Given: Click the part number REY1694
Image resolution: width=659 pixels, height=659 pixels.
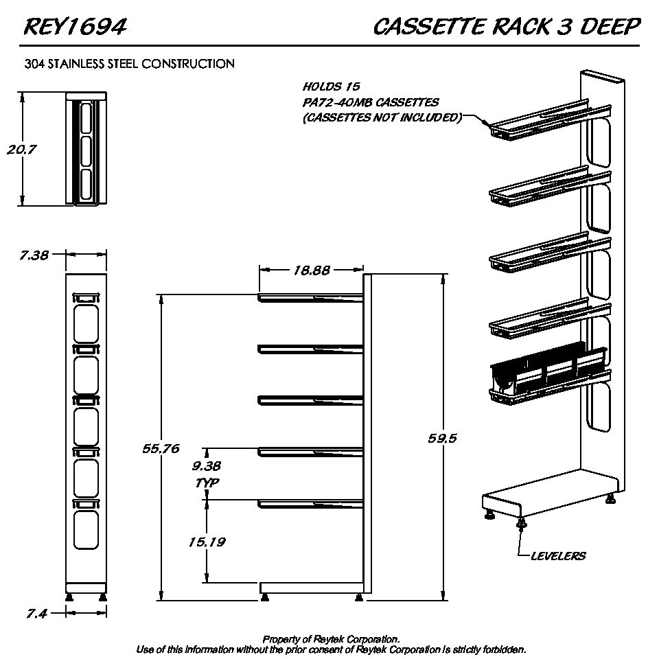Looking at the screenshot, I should tap(75, 27).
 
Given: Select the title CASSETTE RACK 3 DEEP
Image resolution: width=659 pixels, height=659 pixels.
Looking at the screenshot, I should tap(507, 27).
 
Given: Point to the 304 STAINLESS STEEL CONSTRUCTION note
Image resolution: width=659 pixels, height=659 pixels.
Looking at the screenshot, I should tap(129, 64).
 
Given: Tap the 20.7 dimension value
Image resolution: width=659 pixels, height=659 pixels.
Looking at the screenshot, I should tap(21, 150).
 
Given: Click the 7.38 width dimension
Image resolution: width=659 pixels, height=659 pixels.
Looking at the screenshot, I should tap(34, 255).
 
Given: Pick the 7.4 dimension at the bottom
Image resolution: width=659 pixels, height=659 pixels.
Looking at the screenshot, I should tap(36, 614).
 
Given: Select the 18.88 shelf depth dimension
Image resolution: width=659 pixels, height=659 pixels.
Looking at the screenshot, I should tap(312, 270).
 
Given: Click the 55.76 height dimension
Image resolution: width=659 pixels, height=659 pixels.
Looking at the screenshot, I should tap(161, 448).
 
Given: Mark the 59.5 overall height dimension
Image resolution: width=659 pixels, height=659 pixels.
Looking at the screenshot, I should tap(442, 438).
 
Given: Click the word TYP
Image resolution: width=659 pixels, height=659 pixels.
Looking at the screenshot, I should tap(207, 483).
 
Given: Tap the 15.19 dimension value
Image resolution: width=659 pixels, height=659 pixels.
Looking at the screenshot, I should tap(207, 542).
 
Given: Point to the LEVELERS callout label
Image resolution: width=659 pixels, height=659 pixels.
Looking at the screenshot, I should tap(558, 555).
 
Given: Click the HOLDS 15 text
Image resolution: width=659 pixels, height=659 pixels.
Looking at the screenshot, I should tap(332, 87).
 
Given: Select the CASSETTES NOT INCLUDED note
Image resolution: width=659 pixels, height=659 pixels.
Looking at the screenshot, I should tap(382, 117).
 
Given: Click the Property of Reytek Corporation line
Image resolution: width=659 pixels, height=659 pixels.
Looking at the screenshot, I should tap(331, 639).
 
